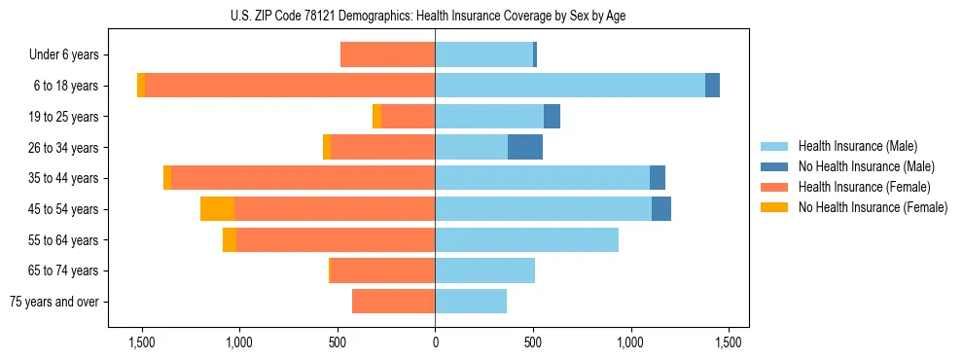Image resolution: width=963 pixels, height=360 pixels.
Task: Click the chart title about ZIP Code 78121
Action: click(x=435, y=16)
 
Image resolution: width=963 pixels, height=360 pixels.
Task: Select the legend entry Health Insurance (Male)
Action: click(x=857, y=146)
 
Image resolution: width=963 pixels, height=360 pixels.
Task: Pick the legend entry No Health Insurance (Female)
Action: click(x=873, y=207)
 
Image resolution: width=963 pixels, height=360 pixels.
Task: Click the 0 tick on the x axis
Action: click(x=435, y=342)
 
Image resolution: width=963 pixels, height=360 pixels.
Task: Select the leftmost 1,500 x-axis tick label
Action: click(x=142, y=342)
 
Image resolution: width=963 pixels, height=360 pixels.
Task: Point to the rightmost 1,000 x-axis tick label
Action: click(x=630, y=342)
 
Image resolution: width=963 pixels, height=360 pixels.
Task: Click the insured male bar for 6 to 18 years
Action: click(x=569, y=86)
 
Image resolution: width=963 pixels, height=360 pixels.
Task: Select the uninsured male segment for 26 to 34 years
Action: click(x=525, y=147)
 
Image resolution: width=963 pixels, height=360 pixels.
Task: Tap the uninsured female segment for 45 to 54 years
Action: click(x=217, y=209)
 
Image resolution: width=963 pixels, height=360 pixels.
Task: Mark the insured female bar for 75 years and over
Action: click(x=393, y=302)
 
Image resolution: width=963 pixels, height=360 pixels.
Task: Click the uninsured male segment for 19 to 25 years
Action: click(x=552, y=117)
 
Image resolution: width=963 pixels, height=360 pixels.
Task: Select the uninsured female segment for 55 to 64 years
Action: click(x=230, y=239)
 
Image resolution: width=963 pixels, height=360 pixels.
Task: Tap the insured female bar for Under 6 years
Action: click(x=387, y=55)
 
